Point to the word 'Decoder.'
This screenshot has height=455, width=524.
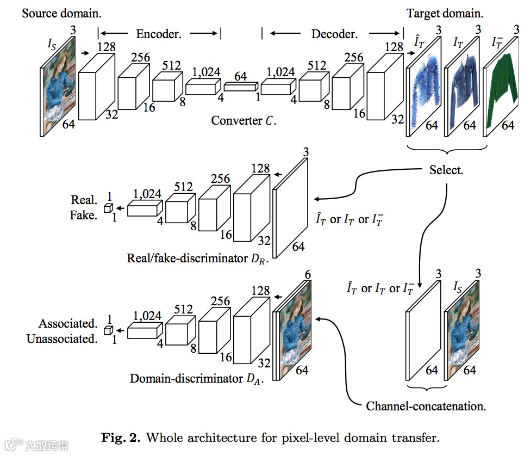(334, 34)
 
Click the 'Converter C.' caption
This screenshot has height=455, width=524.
(244, 121)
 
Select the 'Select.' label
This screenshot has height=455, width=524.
(446, 170)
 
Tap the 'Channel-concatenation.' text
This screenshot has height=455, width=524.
(426, 406)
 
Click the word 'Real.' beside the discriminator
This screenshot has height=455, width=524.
(84, 200)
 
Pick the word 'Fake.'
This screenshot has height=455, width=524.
(83, 215)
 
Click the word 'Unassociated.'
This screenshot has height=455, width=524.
(61, 339)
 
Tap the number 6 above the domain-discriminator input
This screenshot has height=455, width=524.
(308, 275)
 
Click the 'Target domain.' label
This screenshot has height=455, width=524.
(445, 13)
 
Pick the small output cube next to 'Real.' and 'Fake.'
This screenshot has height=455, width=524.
(108, 208)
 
